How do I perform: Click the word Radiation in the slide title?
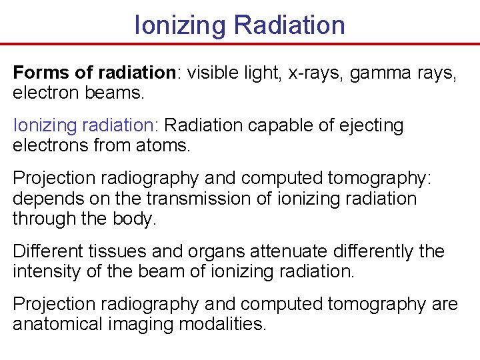(289, 25)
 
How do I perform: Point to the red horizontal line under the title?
(240, 45)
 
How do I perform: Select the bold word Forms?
(37, 73)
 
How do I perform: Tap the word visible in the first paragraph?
(213, 73)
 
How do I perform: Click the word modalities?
(226, 325)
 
